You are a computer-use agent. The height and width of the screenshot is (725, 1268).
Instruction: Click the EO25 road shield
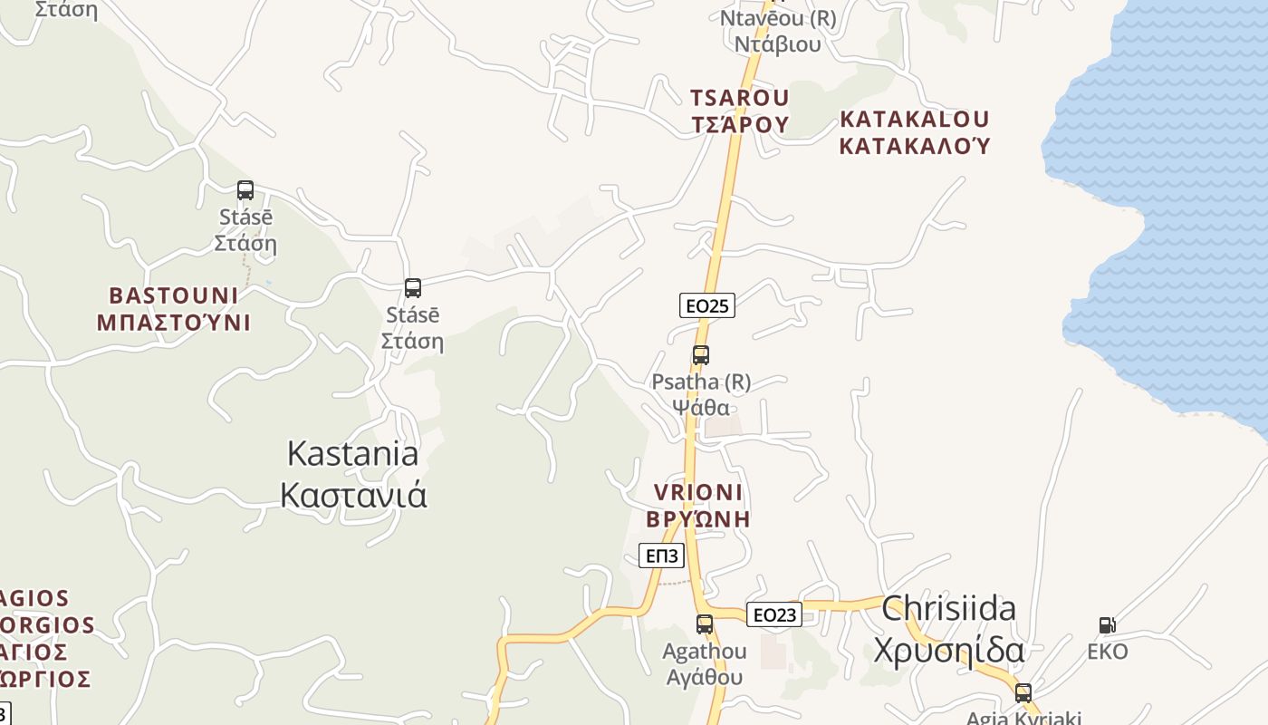pos(706,305)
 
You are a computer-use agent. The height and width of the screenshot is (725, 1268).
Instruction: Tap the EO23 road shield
pos(774,614)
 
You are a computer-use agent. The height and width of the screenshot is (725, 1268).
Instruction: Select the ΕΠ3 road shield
pos(661,556)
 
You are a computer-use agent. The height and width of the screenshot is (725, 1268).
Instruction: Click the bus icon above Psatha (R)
pos(700,355)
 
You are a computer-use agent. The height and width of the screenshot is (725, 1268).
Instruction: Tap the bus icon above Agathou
pos(705,623)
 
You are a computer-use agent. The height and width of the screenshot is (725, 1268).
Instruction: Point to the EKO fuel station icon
pos(1107,624)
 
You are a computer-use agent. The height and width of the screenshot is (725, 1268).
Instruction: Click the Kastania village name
pos(353,453)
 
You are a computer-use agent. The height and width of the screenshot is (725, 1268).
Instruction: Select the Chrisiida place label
pos(948,608)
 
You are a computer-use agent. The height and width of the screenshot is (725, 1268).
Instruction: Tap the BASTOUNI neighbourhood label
pos(174,295)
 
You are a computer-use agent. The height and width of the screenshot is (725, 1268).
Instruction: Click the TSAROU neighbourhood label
pos(740,97)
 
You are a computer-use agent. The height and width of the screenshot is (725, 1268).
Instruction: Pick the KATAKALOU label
pos(915,119)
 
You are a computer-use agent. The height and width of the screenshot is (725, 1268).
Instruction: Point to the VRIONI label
pos(698,492)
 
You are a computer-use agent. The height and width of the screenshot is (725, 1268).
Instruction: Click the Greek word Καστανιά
pos(353,495)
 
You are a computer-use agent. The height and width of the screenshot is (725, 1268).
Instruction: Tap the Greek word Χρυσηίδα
pos(948,651)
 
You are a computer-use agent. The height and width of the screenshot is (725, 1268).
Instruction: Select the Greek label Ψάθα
pos(701,407)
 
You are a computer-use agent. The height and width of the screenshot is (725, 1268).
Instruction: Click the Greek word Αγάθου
pos(705,677)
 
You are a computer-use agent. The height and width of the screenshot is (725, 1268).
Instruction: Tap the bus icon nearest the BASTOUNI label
pos(245,190)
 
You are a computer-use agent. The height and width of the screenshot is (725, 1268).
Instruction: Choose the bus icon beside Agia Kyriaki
pos(1023,693)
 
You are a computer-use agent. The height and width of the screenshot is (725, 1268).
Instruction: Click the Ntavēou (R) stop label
pos(778,18)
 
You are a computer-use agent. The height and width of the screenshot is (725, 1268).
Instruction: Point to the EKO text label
pos(1108,652)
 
